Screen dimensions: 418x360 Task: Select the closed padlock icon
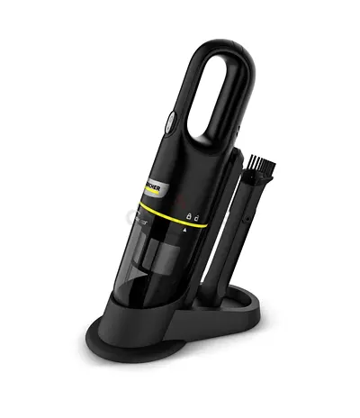pyautogui.click(x=189, y=217)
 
